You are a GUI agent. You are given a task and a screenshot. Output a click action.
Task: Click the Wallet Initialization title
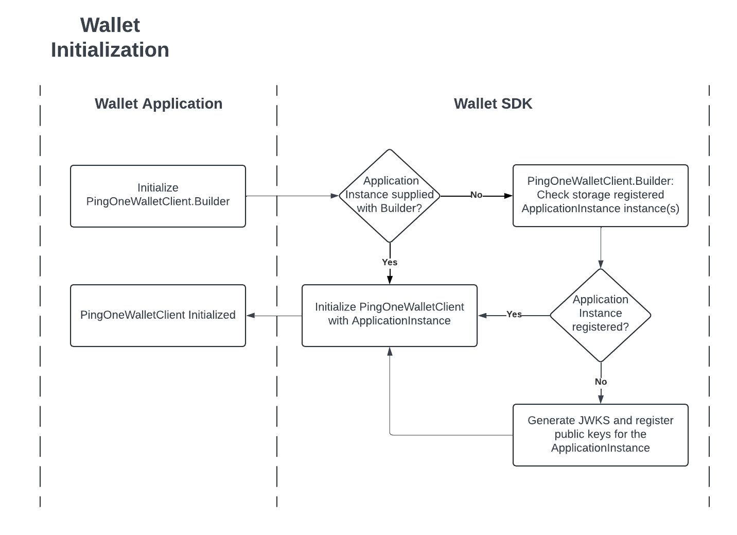click(110, 38)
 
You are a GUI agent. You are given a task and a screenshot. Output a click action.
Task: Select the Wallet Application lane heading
click(159, 103)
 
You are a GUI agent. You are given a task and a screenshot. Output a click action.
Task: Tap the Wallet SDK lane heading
click(493, 103)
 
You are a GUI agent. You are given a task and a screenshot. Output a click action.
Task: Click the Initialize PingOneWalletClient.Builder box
click(157, 196)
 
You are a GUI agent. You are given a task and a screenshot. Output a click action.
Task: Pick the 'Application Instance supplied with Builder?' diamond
click(390, 195)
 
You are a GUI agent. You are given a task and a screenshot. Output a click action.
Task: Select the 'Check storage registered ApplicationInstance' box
click(600, 195)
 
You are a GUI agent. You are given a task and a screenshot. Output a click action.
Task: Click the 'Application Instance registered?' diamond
click(600, 314)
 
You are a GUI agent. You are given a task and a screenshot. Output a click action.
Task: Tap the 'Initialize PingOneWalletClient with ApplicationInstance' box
click(389, 315)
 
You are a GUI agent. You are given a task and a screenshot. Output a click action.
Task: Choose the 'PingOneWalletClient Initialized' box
click(157, 315)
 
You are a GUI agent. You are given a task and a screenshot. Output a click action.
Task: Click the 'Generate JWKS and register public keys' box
click(600, 435)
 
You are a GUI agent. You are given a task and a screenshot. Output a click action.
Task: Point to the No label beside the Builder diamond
click(476, 195)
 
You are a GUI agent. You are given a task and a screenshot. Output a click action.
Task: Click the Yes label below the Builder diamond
click(390, 262)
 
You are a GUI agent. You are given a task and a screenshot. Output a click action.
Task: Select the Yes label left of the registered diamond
click(514, 315)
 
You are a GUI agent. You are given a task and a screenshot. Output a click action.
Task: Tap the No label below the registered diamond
click(601, 382)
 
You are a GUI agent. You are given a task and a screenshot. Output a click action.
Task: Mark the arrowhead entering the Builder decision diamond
click(335, 196)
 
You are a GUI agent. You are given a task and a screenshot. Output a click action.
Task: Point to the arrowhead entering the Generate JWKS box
click(601, 399)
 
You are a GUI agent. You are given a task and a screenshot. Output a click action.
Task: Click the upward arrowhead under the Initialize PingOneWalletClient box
click(390, 352)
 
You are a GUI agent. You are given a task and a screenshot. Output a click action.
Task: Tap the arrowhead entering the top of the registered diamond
click(601, 264)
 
